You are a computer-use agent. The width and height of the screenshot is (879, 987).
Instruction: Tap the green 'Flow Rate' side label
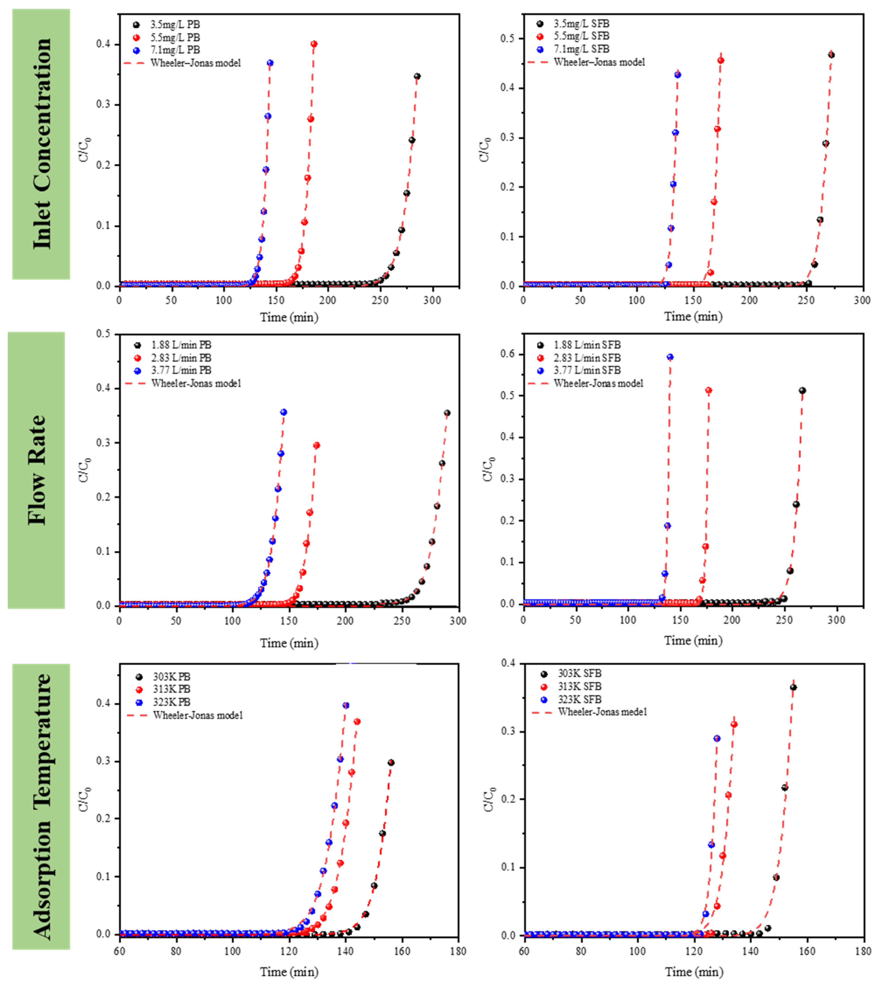(36, 470)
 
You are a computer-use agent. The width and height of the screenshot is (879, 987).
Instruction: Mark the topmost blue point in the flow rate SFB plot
(670, 357)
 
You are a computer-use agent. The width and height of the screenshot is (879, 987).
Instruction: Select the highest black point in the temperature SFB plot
(793, 687)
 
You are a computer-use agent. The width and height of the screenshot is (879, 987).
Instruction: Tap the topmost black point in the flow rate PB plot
(447, 413)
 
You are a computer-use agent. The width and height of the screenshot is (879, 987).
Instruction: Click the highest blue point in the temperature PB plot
(345, 705)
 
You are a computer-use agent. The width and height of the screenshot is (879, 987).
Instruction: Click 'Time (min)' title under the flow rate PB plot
(289, 643)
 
